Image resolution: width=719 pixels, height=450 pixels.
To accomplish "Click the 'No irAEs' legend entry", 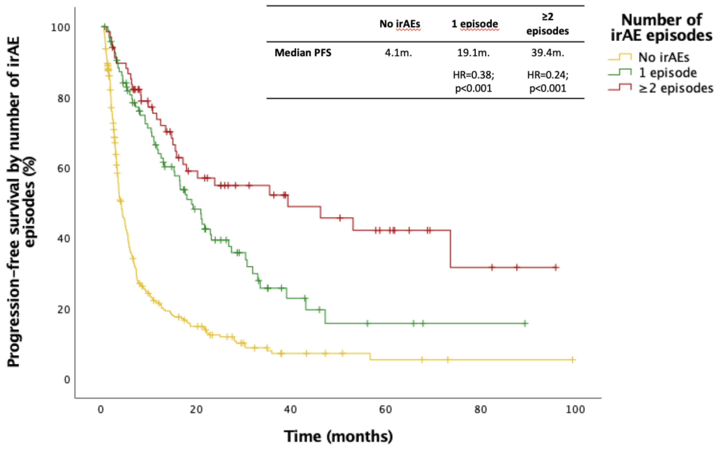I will click(x=663, y=57).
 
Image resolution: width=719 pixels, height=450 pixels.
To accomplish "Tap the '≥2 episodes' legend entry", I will click(x=676, y=88).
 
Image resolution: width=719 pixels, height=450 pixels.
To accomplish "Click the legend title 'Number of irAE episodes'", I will click(x=661, y=28).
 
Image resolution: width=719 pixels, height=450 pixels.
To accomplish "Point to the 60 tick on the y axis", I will click(x=63, y=168).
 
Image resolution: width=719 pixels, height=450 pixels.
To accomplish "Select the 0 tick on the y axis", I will click(x=67, y=379).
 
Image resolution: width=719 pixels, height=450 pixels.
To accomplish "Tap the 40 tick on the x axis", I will click(x=290, y=410).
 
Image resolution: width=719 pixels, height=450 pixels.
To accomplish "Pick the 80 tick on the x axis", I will click(x=480, y=410).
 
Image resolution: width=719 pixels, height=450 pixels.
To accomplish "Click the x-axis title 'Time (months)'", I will click(x=338, y=436).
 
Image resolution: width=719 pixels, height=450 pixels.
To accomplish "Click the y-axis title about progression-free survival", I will click(x=21, y=202).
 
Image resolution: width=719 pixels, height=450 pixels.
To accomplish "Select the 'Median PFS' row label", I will click(x=303, y=53).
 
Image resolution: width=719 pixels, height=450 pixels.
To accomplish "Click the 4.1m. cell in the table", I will click(x=398, y=53).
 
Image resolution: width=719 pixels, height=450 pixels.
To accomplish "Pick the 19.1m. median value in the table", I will click(x=473, y=53).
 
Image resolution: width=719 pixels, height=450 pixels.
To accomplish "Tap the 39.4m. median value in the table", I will click(x=547, y=53).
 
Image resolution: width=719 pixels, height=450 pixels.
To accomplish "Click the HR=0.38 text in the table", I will click(x=473, y=75).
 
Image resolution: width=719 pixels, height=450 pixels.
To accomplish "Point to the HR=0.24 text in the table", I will click(x=547, y=75).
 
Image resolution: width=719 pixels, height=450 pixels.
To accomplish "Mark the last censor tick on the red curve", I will click(x=556, y=267).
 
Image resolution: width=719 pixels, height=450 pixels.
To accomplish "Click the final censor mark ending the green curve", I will click(x=525, y=323).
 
